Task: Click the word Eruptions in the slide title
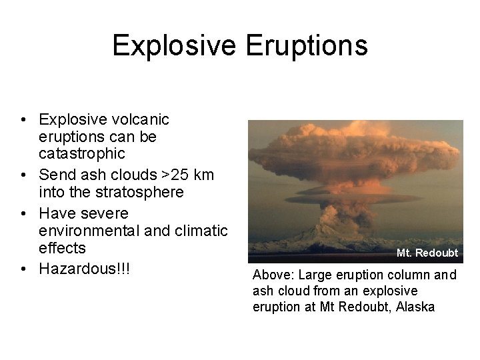pos(307,45)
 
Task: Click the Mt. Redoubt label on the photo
pos(427,253)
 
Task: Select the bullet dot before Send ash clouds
pos(23,176)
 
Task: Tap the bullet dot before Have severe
pos(23,214)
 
